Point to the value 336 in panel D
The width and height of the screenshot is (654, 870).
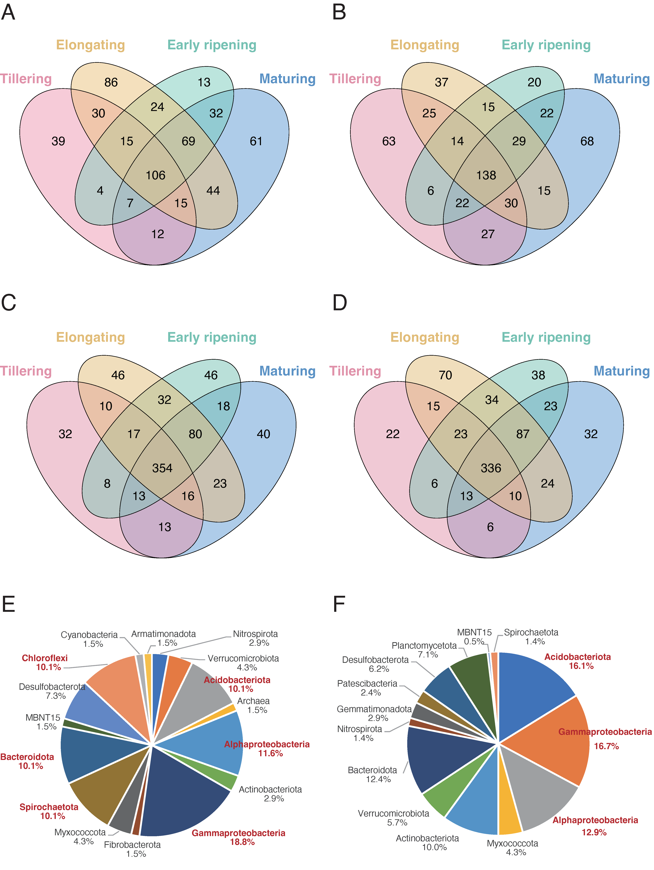coord(491,468)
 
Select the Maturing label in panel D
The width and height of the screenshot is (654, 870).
coord(621,371)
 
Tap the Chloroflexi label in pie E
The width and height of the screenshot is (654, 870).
coord(45,658)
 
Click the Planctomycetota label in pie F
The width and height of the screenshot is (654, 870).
coord(424,645)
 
